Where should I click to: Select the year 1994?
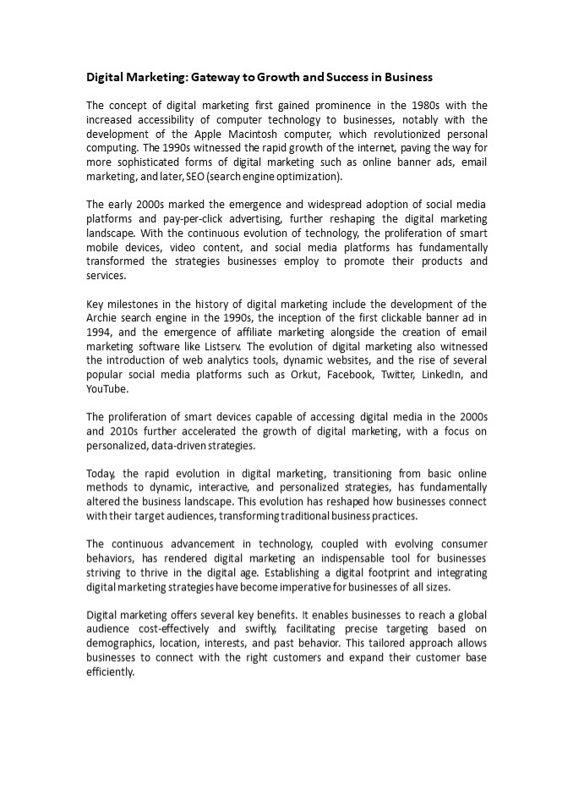(100, 332)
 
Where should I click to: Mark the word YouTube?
(107, 389)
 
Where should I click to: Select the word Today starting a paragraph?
(101, 475)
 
